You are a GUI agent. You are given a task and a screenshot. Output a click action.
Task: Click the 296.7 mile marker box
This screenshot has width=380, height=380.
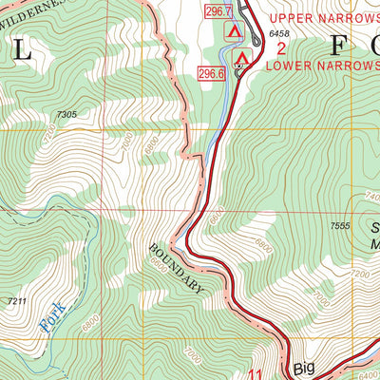218,11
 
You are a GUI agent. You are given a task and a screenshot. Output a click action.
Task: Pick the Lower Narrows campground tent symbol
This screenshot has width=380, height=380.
241,60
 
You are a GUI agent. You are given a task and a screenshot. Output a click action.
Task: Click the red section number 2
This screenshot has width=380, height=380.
281,49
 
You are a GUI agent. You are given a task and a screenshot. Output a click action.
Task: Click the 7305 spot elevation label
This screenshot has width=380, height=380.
66,114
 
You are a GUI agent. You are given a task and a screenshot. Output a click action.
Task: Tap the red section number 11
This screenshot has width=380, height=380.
254,373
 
